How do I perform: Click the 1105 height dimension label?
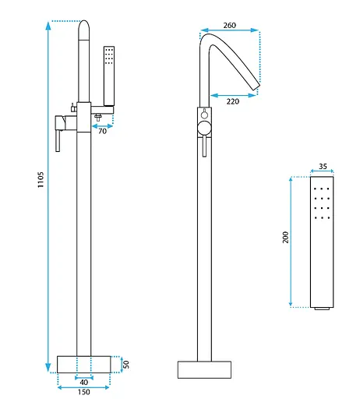(x=41, y=179)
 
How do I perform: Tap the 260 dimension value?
(x=230, y=26)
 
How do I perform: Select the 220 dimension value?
(x=233, y=101)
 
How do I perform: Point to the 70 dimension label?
(x=103, y=131)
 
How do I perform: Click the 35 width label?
(x=323, y=166)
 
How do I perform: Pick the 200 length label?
(x=285, y=237)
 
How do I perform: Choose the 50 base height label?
(x=126, y=365)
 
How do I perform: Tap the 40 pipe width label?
(x=83, y=383)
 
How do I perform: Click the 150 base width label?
(x=83, y=392)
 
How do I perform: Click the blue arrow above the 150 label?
(x=83, y=387)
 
